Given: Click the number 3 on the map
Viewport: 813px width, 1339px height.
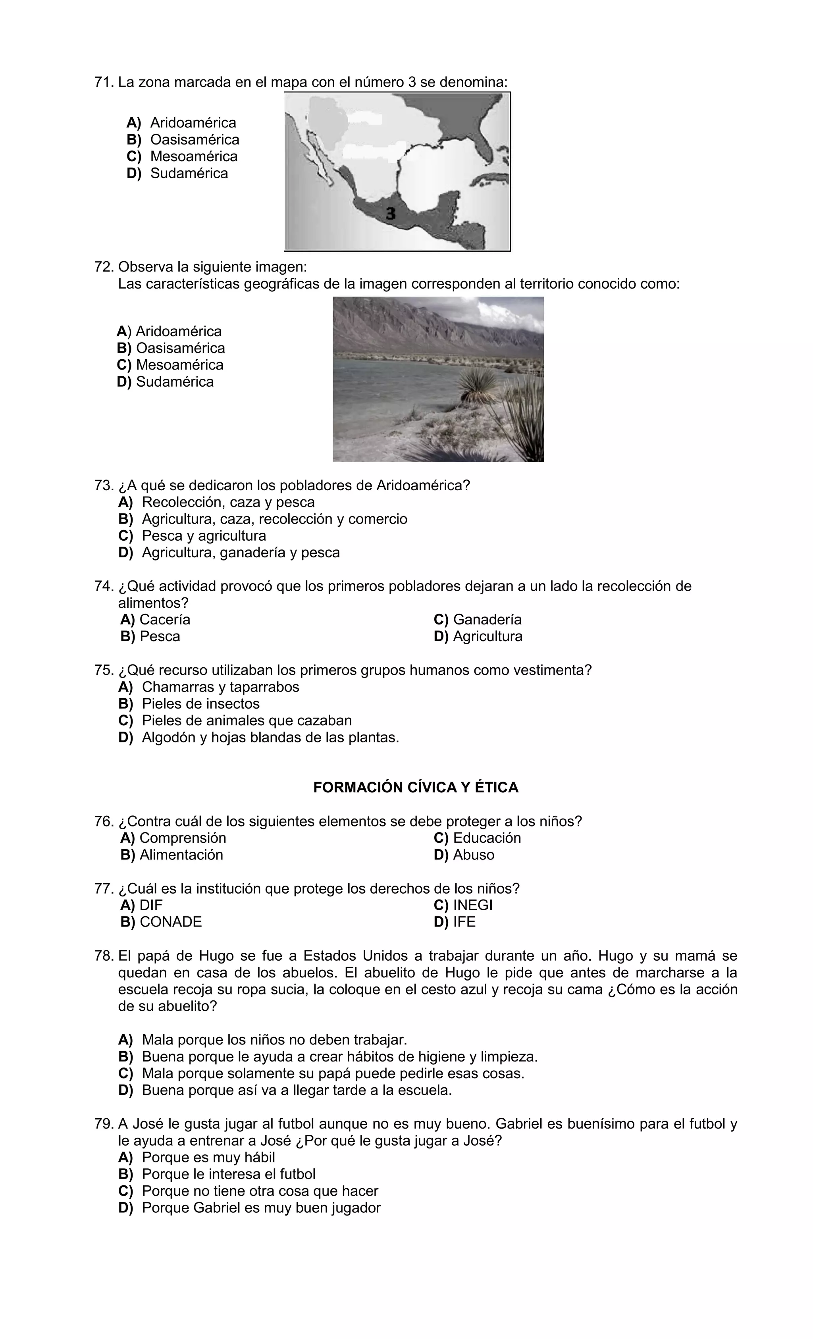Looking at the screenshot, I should (x=390, y=214).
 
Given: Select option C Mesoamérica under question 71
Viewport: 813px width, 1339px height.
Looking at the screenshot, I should (x=182, y=156).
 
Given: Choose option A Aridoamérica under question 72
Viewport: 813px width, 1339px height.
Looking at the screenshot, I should (x=169, y=331).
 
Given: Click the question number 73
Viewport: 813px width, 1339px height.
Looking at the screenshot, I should (x=103, y=485).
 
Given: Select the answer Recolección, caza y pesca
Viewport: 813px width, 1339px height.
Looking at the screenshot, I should (x=228, y=502).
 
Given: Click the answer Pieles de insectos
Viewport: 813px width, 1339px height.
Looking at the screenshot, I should (x=200, y=704).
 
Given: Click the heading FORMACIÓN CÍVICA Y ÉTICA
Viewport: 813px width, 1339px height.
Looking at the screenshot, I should (x=416, y=788).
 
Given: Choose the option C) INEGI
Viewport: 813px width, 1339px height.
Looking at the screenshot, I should (x=463, y=906).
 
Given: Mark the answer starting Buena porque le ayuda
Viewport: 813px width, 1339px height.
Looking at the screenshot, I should (x=339, y=1057).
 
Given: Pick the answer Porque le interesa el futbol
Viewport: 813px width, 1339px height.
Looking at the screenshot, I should (x=228, y=1174).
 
